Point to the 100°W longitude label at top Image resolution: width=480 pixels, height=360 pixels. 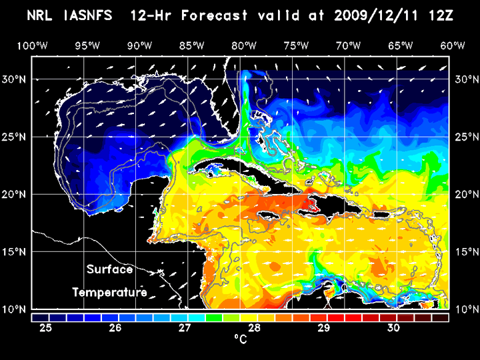pyautogui.click(x=32, y=45)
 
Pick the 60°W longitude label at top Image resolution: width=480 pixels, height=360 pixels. pyautogui.click(x=453, y=45)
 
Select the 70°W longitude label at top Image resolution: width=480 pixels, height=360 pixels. pyautogui.click(x=349, y=45)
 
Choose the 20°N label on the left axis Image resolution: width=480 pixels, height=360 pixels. pyautogui.click(x=15, y=194)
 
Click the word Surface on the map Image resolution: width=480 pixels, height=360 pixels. pyautogui.click(x=110, y=270)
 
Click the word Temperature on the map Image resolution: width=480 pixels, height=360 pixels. pyautogui.click(x=110, y=292)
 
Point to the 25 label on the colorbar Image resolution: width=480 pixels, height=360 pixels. pyautogui.click(x=46, y=327)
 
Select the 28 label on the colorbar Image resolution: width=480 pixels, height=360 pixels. pyautogui.click(x=255, y=327)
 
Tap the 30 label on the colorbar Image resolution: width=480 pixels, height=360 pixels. pyautogui.click(x=393, y=327)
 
